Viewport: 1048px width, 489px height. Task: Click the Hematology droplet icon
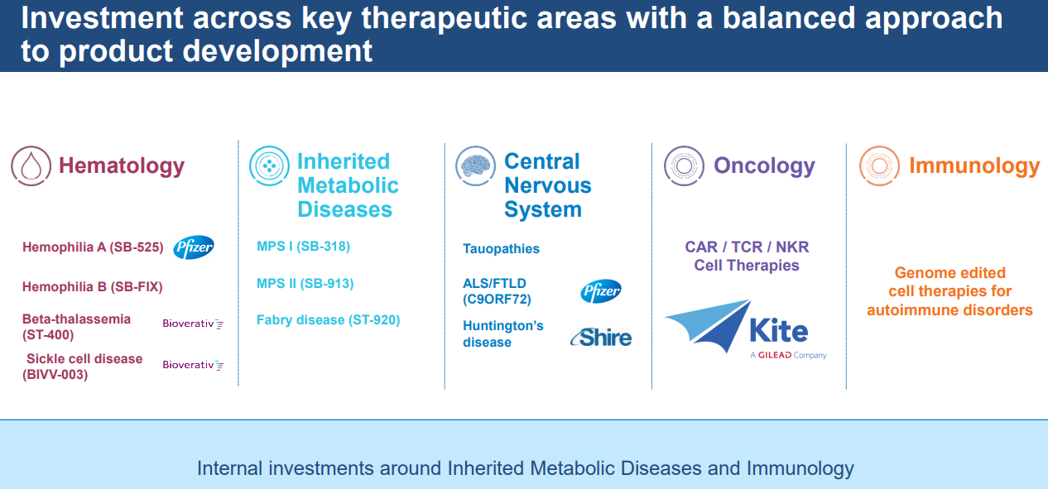tap(31, 166)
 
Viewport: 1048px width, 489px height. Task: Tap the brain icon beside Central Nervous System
tap(475, 166)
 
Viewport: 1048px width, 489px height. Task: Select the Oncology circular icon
tap(684, 166)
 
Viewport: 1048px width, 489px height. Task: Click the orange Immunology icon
tap(880, 166)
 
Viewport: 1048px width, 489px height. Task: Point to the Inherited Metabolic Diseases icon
tap(269, 166)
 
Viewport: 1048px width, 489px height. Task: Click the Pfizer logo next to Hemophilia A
tap(194, 247)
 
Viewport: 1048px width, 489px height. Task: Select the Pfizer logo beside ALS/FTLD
tap(601, 291)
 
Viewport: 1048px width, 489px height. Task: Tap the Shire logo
tap(601, 337)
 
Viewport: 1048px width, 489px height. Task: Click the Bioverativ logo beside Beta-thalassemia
tap(193, 324)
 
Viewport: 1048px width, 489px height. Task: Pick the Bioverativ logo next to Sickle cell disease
tap(193, 365)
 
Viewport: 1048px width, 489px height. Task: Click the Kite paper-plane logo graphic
tap(708, 326)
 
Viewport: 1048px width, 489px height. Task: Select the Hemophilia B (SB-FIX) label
tap(93, 286)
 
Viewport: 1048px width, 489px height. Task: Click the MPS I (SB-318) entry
tap(303, 247)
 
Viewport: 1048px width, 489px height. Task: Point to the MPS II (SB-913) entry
tap(305, 283)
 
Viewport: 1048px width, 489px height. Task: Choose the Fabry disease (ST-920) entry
tap(329, 320)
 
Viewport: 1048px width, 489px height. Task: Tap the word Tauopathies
tap(501, 249)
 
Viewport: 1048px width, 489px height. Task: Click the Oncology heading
tap(765, 166)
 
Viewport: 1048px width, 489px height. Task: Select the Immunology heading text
tap(974, 166)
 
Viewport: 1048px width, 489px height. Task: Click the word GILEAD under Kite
tap(775, 355)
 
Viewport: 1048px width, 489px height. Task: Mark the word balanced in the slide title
tap(790, 17)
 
